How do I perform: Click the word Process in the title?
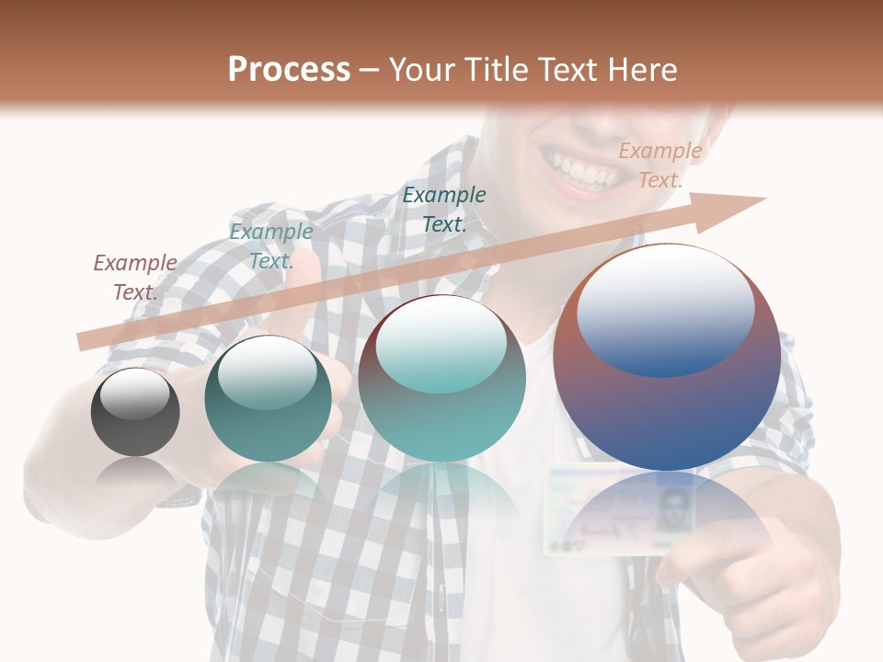pyautogui.click(x=289, y=70)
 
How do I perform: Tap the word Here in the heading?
pyautogui.click(x=641, y=70)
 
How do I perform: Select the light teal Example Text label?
pyautogui.click(x=271, y=246)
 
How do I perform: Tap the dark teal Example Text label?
pyautogui.click(x=444, y=209)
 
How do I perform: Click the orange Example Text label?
pyautogui.click(x=660, y=165)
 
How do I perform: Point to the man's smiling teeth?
pyautogui.click(x=584, y=170)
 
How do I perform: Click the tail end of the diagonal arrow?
pyautogui.click(x=85, y=342)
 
